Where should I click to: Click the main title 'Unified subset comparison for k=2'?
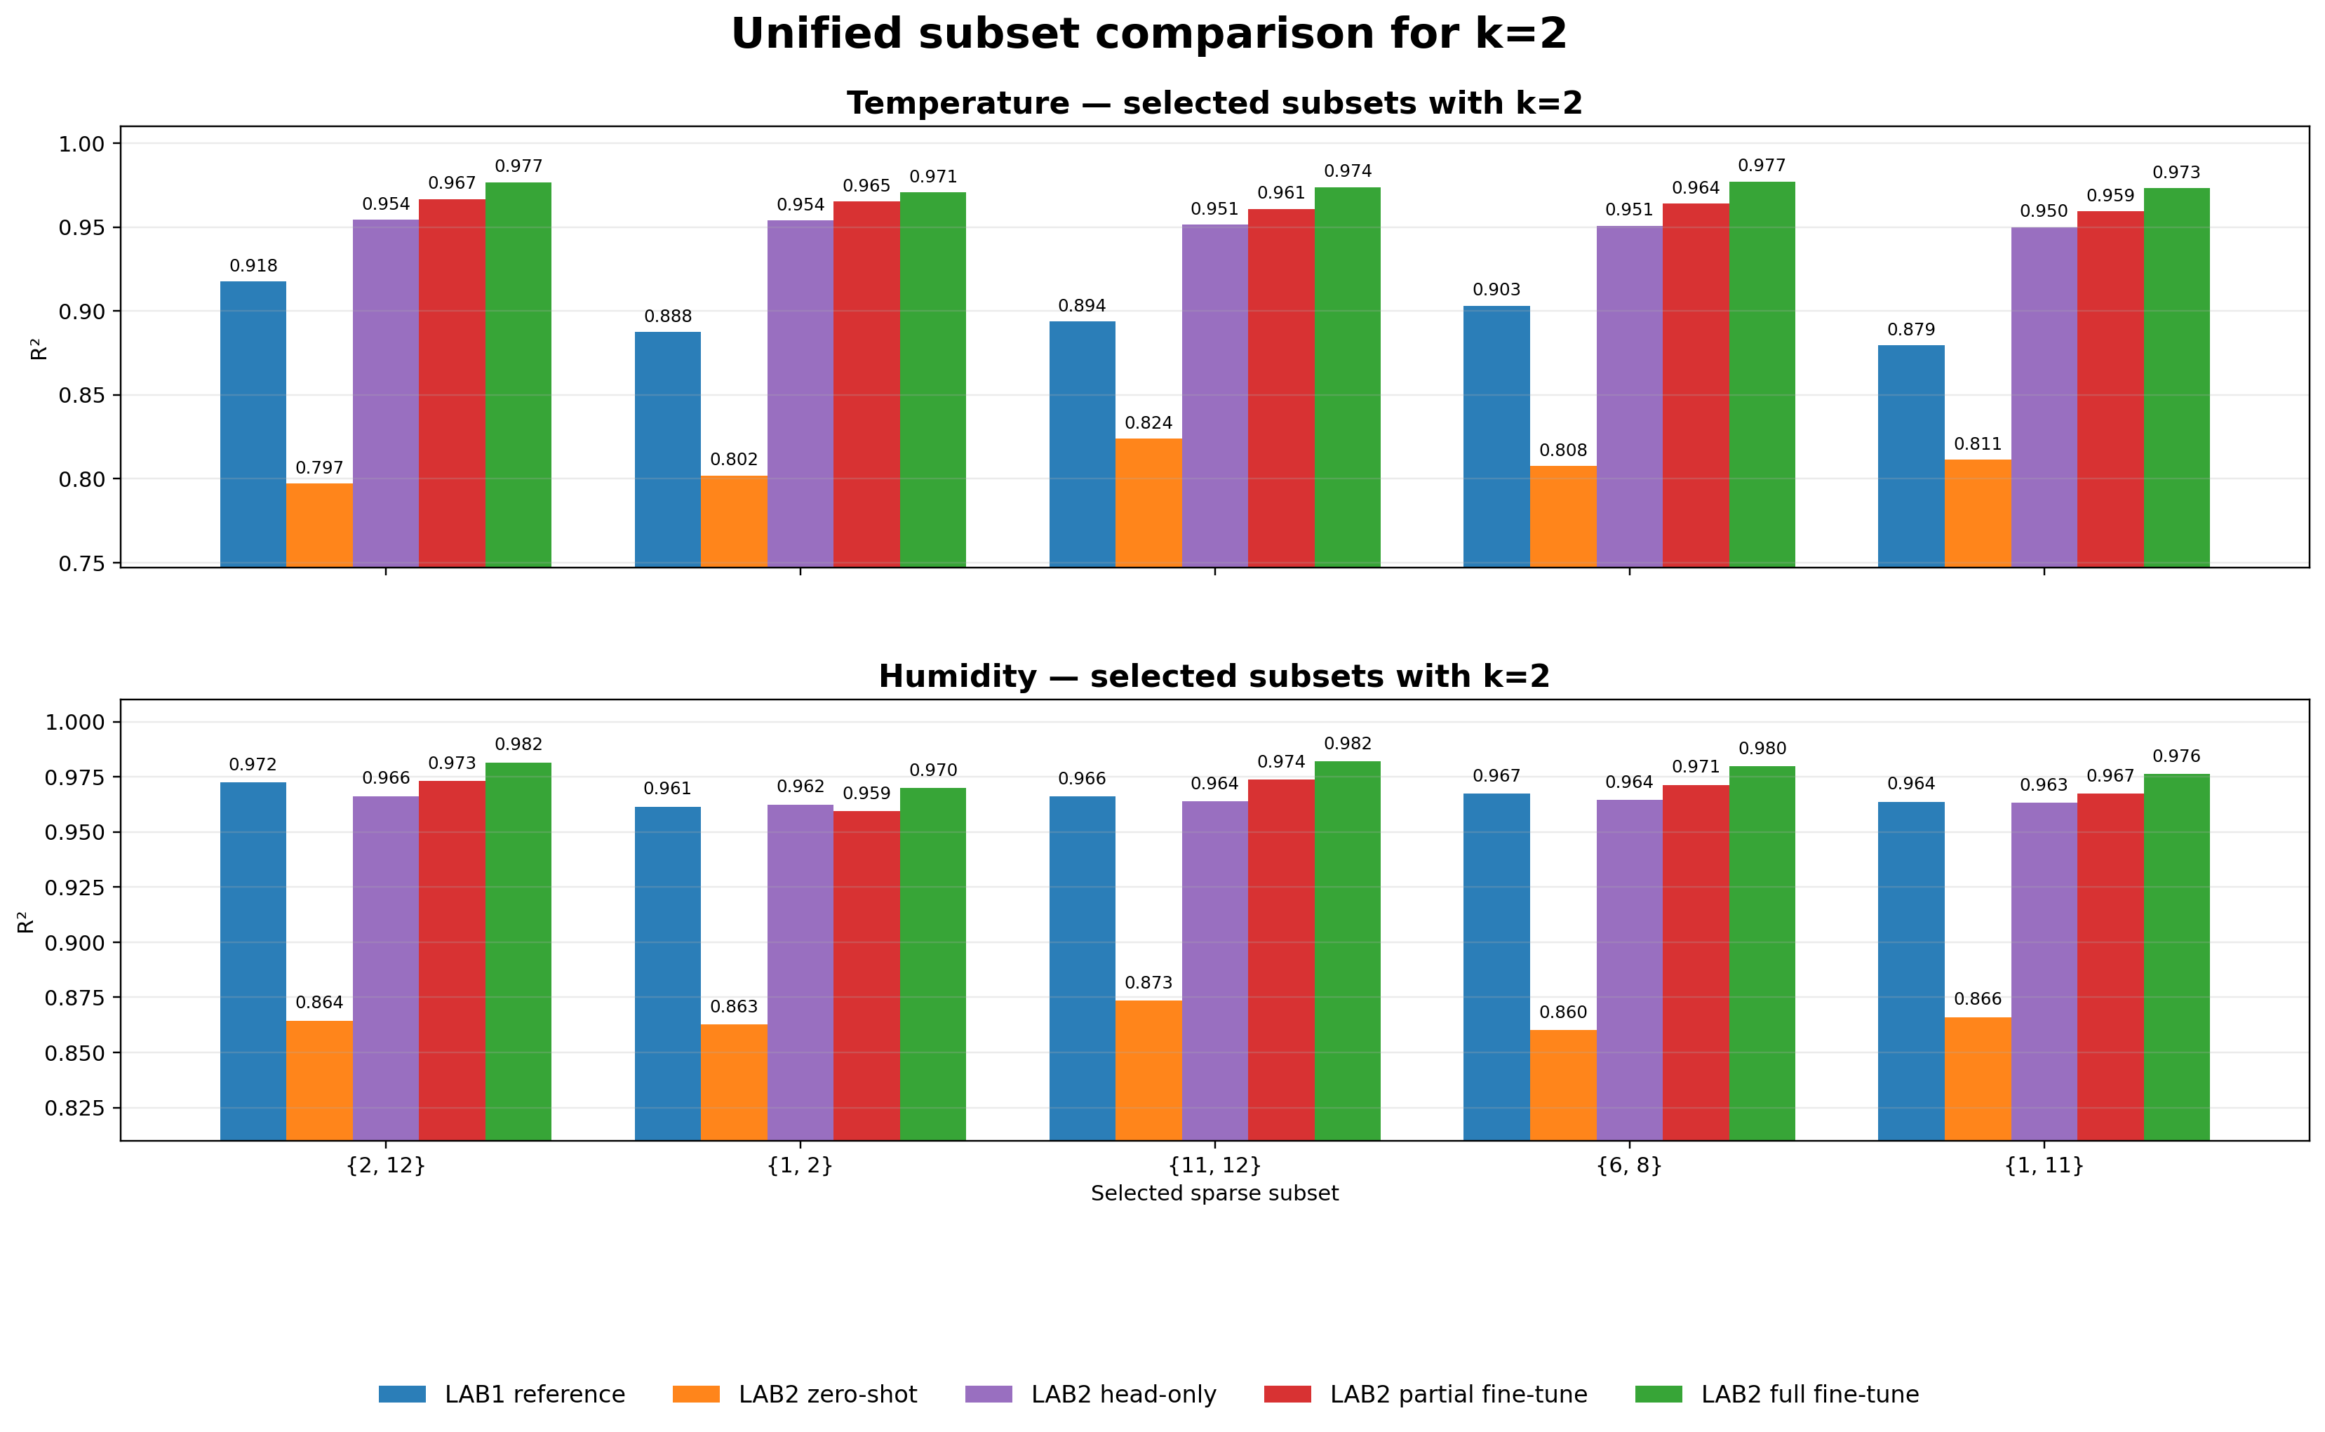point(1148,34)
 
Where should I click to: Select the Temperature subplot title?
point(1214,103)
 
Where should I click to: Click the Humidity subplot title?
point(1214,676)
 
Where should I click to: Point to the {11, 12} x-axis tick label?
point(1214,1165)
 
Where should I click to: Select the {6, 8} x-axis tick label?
point(1629,1165)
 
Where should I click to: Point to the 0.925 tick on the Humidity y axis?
point(76,888)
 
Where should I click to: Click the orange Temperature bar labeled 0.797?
point(319,526)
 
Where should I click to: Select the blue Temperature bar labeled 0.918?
point(253,424)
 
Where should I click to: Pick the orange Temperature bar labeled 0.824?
point(1148,503)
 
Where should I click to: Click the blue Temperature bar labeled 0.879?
point(1910,457)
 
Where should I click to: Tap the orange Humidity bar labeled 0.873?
point(1148,1070)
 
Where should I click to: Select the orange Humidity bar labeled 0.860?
point(1562,1085)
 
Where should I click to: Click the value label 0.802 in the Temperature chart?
point(734,460)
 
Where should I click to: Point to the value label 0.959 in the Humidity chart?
point(866,794)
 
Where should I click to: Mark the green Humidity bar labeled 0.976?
point(2176,956)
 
